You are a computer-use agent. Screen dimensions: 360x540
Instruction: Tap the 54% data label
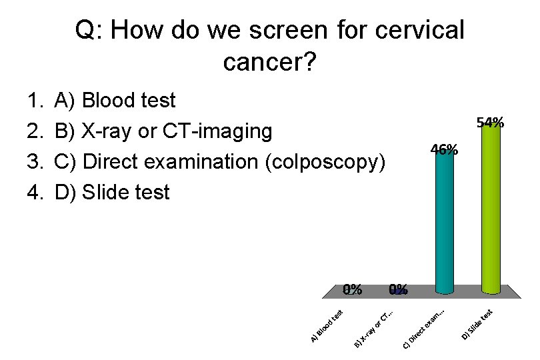(x=490, y=122)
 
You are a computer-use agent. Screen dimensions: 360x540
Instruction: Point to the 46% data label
(x=444, y=149)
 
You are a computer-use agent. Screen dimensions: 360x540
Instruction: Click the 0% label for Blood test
(x=353, y=289)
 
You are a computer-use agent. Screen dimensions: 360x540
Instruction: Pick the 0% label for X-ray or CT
(x=398, y=289)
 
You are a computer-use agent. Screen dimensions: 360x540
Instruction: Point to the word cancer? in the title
(x=269, y=63)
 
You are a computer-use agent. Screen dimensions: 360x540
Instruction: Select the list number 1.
(x=34, y=101)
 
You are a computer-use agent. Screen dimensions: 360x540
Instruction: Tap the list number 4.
(x=34, y=193)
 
